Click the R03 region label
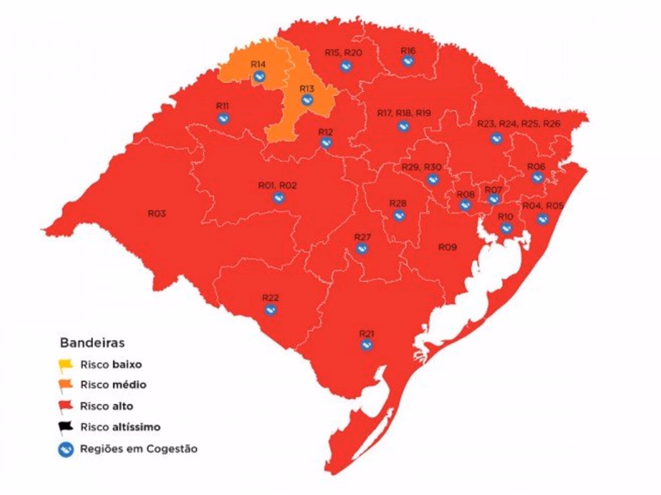(x=157, y=213)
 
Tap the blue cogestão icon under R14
(x=259, y=77)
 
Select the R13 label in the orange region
(x=307, y=88)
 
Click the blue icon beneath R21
(x=367, y=345)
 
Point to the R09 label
(x=447, y=247)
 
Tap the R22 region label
(x=270, y=297)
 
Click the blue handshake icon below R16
(x=407, y=61)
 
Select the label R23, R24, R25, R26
(x=519, y=124)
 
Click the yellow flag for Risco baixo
(x=65, y=365)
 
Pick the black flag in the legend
(x=65, y=427)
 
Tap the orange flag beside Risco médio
(x=65, y=385)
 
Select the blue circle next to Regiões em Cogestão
(x=65, y=449)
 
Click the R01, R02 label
(x=277, y=186)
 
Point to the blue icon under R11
(x=223, y=118)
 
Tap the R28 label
(x=398, y=204)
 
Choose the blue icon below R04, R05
(x=543, y=219)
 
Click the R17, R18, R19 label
(x=403, y=113)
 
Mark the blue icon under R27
(x=362, y=249)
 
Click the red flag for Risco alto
(x=65, y=406)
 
